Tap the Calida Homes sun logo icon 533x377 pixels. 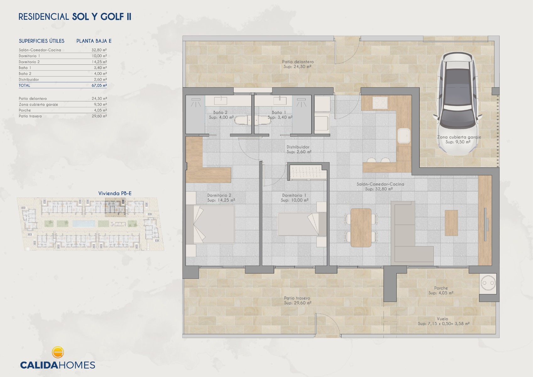tap(57, 352)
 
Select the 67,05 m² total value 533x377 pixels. tap(99, 85)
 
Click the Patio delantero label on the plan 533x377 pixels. tap(298, 62)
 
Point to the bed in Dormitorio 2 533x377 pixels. tap(210, 224)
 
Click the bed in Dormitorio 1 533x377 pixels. tap(302, 224)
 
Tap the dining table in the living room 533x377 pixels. tap(361, 228)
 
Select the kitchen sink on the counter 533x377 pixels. tap(404, 136)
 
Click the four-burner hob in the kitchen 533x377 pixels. tap(380, 103)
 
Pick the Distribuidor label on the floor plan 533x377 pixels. tap(298, 147)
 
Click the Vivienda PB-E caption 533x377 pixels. tap(115, 193)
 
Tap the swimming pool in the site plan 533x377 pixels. tap(84, 223)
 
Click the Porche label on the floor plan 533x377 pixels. tap(441, 288)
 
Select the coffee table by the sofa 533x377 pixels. tap(451, 223)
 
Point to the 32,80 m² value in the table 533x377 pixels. tap(99, 50)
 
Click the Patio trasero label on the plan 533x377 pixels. tap(297, 298)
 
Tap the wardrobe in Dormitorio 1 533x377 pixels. tap(307, 172)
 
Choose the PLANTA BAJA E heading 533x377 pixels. tap(94, 41)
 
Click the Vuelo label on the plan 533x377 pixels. tap(442, 319)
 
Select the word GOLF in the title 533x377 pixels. tap(112, 17)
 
